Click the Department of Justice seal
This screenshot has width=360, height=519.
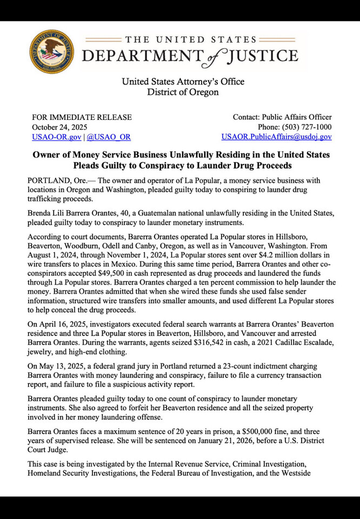pos(52,52)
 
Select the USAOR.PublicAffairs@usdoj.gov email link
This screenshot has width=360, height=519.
pos(276,137)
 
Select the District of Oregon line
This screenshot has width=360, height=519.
pos(183,92)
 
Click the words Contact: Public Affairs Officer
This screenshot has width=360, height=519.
pos(282,117)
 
